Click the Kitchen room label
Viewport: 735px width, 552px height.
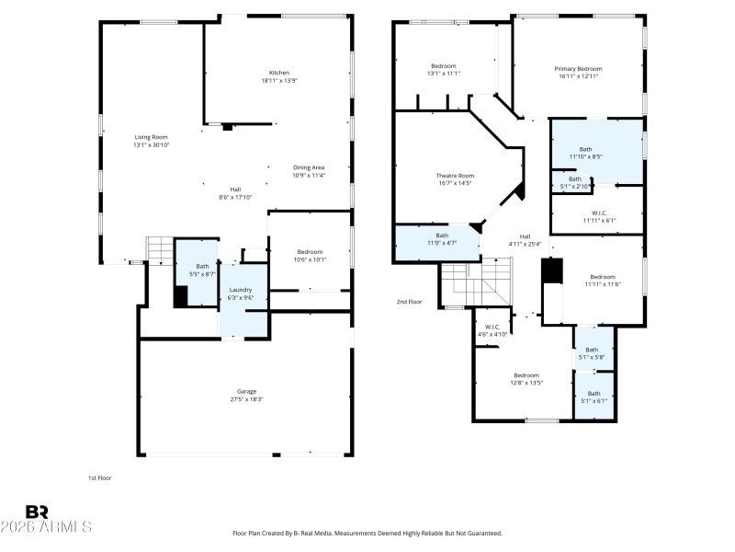click(x=279, y=73)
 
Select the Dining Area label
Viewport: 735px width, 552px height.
click(x=309, y=167)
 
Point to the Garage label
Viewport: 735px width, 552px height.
click(x=246, y=391)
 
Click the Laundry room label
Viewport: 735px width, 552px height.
click(x=241, y=290)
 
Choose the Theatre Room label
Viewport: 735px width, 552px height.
click(x=455, y=175)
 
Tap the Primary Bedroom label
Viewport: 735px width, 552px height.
click(x=579, y=68)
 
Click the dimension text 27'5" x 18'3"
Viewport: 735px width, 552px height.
click(x=246, y=399)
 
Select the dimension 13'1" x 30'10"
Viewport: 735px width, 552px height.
click(x=151, y=144)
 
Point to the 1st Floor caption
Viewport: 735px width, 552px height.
click(x=99, y=477)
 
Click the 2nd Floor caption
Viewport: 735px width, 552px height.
click(x=409, y=302)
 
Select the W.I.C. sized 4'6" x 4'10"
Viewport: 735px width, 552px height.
click(x=488, y=330)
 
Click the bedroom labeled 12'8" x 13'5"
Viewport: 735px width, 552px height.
click(x=526, y=378)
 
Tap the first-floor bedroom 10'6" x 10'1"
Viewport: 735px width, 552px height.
click(x=310, y=255)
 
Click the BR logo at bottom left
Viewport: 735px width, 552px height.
click(x=37, y=511)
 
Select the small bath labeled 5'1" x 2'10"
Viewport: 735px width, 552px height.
click(x=575, y=182)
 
